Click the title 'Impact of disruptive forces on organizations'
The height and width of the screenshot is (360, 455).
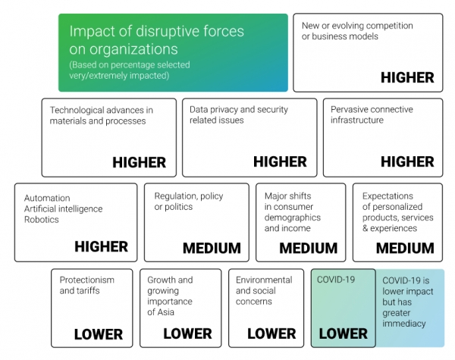[x=157, y=39]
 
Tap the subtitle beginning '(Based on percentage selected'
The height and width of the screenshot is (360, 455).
[x=130, y=70]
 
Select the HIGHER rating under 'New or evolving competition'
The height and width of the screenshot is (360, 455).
[x=407, y=77]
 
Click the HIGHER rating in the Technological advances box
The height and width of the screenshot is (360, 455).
[x=140, y=162]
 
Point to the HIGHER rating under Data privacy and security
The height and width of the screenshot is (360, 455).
[x=280, y=161]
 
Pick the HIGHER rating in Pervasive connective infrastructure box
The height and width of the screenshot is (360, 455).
[x=407, y=161]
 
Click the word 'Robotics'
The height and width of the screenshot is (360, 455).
[x=42, y=220]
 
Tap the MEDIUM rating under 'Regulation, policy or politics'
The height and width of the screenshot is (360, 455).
[x=212, y=248]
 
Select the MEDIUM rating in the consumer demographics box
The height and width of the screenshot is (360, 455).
[x=309, y=248]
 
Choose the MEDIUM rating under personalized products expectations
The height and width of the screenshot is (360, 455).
[x=405, y=248]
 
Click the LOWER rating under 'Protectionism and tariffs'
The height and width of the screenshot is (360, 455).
[x=99, y=334]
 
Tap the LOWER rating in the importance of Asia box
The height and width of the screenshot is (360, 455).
[x=187, y=333]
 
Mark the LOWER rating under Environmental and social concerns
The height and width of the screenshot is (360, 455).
[x=271, y=333]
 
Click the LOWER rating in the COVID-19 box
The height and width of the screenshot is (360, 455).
[x=344, y=333]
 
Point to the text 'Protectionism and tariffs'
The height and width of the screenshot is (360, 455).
[x=87, y=285]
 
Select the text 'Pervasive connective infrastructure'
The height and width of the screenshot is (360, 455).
[x=372, y=114]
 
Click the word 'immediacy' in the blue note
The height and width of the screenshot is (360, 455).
[x=404, y=323]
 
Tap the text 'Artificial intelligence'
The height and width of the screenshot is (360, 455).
[x=63, y=209]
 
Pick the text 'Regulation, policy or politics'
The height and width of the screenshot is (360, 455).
[x=189, y=202]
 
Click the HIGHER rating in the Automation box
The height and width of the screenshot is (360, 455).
[x=102, y=246]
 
